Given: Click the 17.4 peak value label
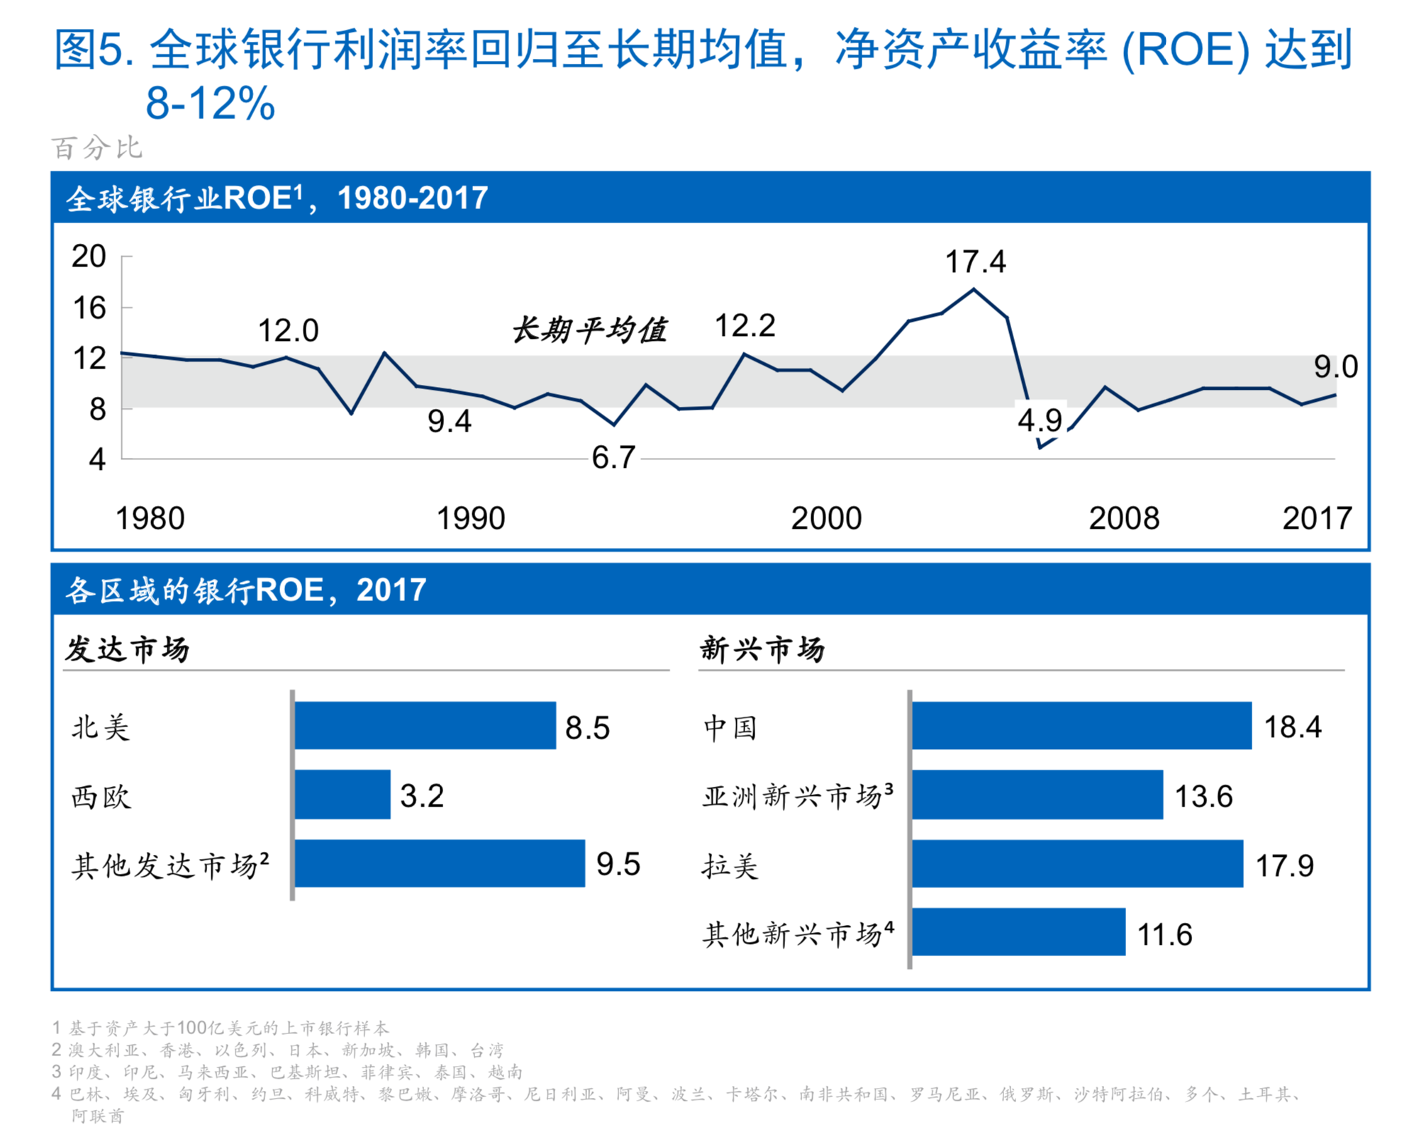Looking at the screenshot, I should click(974, 262).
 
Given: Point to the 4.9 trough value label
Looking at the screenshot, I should click(1040, 421).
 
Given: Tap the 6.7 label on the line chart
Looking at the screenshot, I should click(613, 458).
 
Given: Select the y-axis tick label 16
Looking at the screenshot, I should click(89, 308).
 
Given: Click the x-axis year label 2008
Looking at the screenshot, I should click(1123, 519).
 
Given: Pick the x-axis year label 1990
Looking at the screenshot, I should click(470, 519).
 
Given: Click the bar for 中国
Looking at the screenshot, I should click(1081, 726).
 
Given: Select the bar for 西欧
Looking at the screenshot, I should click(343, 795).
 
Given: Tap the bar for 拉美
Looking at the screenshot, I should click(1076, 864).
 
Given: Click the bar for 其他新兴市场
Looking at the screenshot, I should click(1018, 932).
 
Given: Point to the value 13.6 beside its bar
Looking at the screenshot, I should click(1203, 797).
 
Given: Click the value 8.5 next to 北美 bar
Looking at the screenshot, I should click(587, 728).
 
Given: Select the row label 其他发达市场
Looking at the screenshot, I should click(170, 865).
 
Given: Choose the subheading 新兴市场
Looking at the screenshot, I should click(762, 649).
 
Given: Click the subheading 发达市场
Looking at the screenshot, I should click(128, 649).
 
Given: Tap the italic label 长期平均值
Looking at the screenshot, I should click(589, 330).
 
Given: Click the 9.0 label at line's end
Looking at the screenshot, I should click(1335, 367).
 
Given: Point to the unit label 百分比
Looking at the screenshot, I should click(97, 148).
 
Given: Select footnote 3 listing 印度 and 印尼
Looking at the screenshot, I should click(287, 1072).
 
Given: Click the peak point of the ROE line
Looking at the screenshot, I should click(974, 289).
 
